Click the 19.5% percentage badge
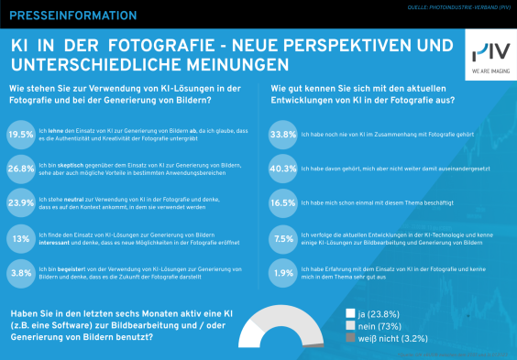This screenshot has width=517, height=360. pyautogui.click(x=21, y=134)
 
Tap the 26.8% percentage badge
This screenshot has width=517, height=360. pyautogui.click(x=21, y=169)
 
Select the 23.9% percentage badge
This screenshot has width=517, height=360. pyautogui.click(x=21, y=203)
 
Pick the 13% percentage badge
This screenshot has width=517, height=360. pyautogui.click(x=21, y=238)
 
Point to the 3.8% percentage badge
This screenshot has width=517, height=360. pyautogui.click(x=21, y=272)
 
